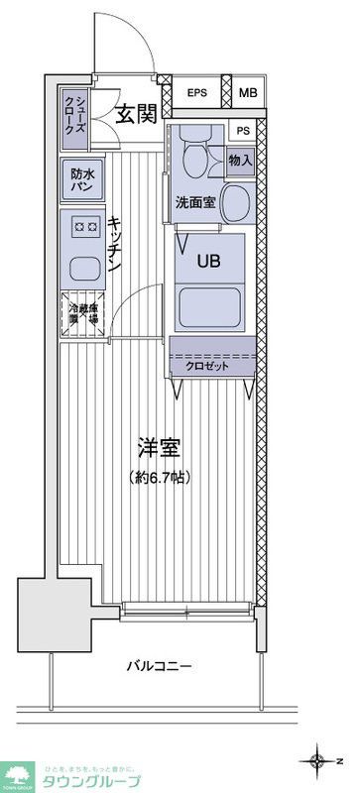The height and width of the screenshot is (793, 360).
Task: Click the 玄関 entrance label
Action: click(x=136, y=113)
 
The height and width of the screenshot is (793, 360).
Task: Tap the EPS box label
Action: click(x=197, y=94)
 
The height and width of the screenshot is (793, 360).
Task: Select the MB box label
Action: click(x=248, y=94)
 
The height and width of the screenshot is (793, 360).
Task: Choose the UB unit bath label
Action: click(x=208, y=262)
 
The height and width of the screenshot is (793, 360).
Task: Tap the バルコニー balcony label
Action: click(x=159, y=666)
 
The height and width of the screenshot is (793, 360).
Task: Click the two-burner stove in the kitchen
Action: click(x=81, y=227)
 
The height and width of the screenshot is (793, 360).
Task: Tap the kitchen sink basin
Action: click(x=81, y=267)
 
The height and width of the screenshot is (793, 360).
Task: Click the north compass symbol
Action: click(x=318, y=761)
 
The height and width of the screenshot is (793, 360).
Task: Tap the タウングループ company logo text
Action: click(x=90, y=780)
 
